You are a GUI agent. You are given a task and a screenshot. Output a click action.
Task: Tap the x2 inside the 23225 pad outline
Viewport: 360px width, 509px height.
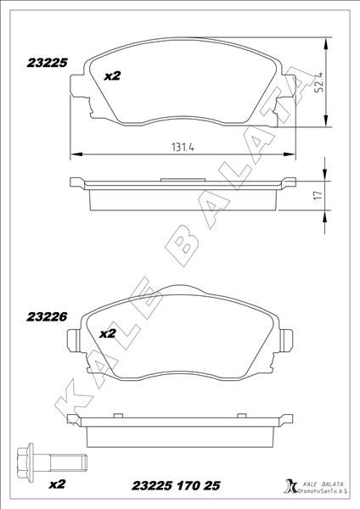click(112, 76)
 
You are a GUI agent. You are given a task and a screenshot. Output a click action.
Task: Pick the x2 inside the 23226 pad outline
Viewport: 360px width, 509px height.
click(108, 333)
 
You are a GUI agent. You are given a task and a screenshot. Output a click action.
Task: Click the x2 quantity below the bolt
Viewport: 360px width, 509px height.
click(57, 485)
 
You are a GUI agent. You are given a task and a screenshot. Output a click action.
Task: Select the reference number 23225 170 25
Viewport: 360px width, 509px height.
click(177, 485)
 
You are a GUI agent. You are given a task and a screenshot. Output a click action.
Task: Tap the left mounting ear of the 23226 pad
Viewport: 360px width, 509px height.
click(74, 340)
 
